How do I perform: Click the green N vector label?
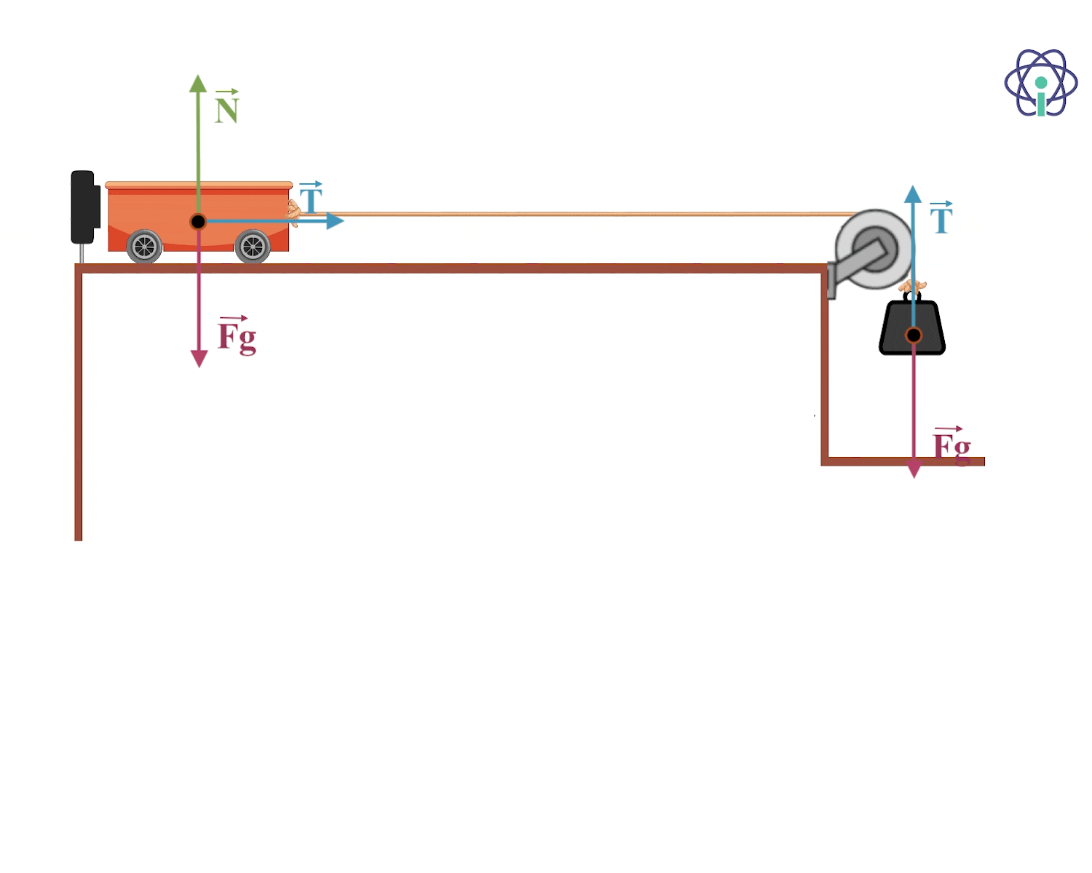[x=226, y=106]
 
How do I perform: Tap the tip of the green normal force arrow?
[x=198, y=75]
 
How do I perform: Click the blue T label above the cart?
[x=311, y=197]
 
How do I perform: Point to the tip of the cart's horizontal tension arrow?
[x=344, y=220]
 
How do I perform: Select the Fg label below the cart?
[x=237, y=335]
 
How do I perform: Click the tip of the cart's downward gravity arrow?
[x=199, y=367]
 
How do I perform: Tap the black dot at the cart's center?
[x=198, y=222]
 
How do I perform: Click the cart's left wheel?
[x=144, y=247]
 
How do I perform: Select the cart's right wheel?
[x=252, y=247]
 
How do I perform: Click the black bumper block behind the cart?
[x=84, y=207]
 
